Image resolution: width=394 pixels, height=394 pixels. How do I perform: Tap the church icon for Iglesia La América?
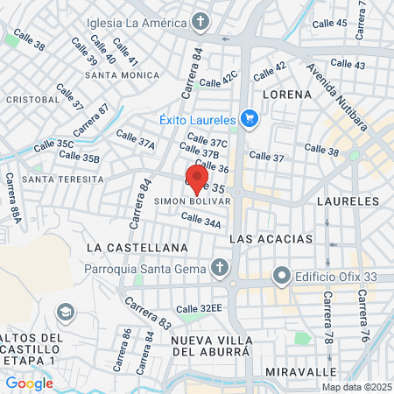201,21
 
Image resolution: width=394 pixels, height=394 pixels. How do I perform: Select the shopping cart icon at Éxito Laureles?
250,119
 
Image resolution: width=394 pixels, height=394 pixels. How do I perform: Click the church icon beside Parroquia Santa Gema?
219,268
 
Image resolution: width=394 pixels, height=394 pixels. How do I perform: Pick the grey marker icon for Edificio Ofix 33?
281,277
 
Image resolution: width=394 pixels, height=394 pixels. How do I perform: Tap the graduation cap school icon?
65,312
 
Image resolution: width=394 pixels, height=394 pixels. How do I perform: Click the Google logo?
29,383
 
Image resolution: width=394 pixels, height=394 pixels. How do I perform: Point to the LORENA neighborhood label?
285,94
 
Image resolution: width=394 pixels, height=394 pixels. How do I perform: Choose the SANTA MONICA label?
123,75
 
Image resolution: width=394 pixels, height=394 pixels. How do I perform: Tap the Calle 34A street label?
201,221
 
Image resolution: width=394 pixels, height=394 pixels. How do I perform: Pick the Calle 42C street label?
218,81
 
